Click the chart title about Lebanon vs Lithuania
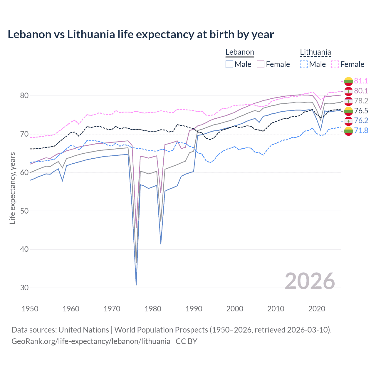tap(141, 34)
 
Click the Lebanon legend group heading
tap(240, 52)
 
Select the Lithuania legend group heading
tap(315, 52)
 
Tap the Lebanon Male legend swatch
tap(229, 64)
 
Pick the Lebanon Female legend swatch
tap(261, 64)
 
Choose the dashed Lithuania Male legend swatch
tap(304, 64)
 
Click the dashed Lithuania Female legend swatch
tap(335, 64)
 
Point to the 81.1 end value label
tap(361, 81)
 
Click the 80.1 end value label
tap(361, 91)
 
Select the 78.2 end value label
tap(361, 101)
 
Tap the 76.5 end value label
tap(361, 111)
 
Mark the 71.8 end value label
tap(361, 130)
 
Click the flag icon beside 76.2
tap(348, 121)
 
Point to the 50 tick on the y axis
tap(24, 211)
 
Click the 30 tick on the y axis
tap(24, 288)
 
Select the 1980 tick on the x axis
tap(153, 309)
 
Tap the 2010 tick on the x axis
tap(276, 309)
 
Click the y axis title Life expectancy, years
tap(13, 188)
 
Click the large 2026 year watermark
tap(310, 281)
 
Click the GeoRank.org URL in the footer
tap(91, 341)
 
